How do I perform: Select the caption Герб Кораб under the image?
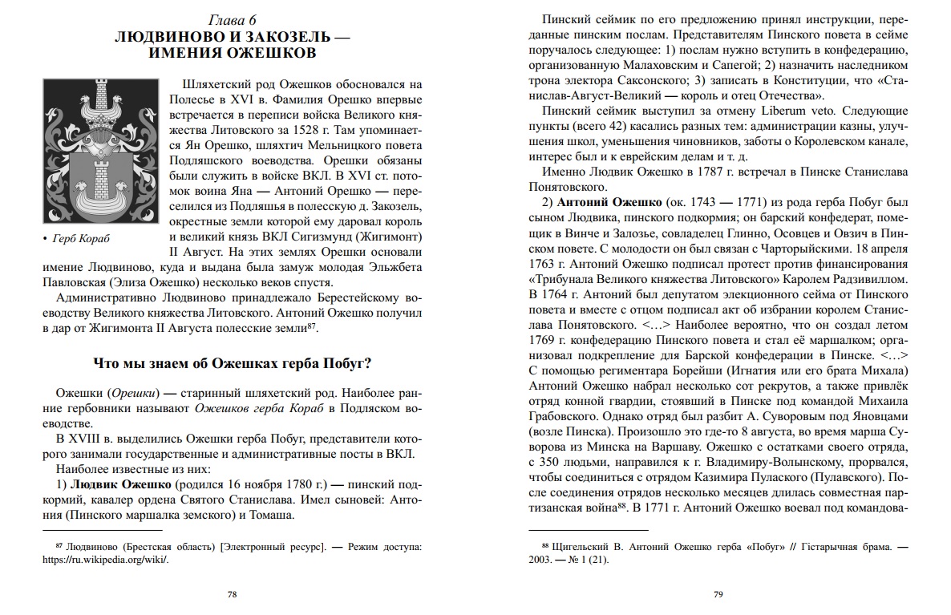tap(82, 238)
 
